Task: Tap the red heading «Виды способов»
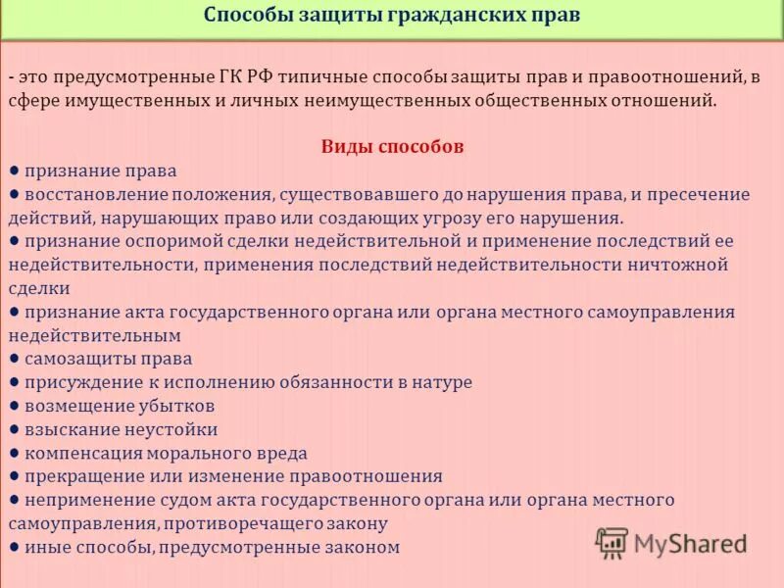pyautogui.click(x=392, y=147)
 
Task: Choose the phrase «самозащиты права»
pyautogui.click(x=108, y=359)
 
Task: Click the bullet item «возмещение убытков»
pyautogui.click(x=120, y=406)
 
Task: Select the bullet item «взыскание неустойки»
pyautogui.click(x=122, y=429)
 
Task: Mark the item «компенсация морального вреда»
pyautogui.click(x=166, y=453)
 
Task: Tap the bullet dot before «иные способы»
pyautogui.click(x=15, y=547)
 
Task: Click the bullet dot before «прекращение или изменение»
pyautogui.click(x=15, y=476)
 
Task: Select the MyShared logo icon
pyautogui.click(x=612, y=542)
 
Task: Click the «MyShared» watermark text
pyautogui.click(x=690, y=543)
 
